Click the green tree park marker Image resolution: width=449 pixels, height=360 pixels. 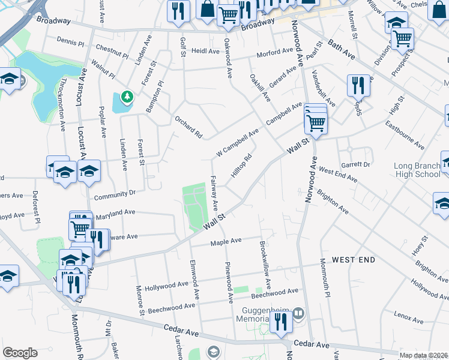(x=126, y=96)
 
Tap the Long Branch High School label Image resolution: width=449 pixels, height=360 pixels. (x=418, y=170)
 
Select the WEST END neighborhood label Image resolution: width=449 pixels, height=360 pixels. (x=354, y=260)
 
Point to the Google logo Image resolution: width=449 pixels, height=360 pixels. (x=19, y=353)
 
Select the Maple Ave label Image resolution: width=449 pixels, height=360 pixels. (x=225, y=241)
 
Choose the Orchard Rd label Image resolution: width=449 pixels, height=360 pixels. (x=188, y=123)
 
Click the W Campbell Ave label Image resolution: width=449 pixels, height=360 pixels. (x=237, y=140)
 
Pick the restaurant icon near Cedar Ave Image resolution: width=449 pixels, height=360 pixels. (x=280, y=322)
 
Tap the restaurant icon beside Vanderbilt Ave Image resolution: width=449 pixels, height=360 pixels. (x=358, y=85)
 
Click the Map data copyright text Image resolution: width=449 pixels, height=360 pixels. (x=423, y=355)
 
